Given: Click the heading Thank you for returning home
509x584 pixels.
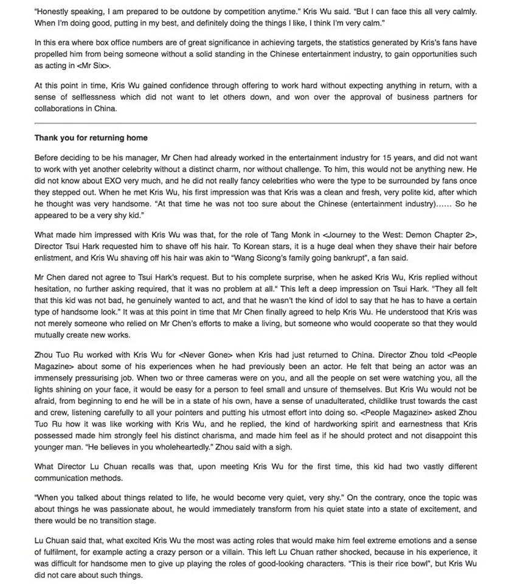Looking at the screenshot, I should pos(91,138).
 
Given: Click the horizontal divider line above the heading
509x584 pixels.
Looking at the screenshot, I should pos(255,123).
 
